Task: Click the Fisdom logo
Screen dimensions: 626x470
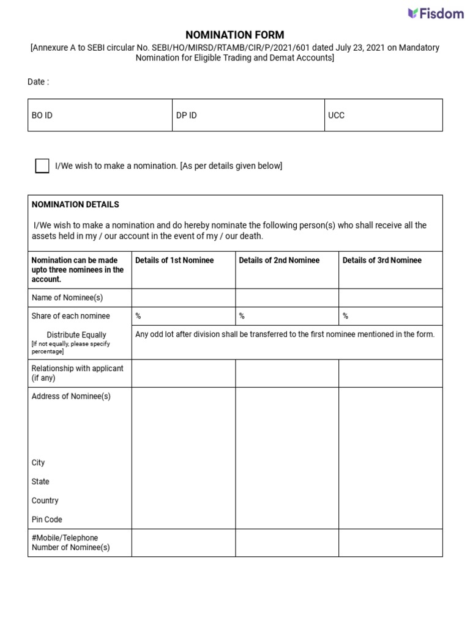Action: pyautogui.click(x=436, y=13)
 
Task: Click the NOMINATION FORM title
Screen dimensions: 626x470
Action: pyautogui.click(x=235, y=35)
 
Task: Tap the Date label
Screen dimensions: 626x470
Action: pyautogui.click(x=38, y=82)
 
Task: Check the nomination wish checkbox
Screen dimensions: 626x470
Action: pyautogui.click(x=42, y=166)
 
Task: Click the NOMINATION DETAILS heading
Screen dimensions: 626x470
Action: pyautogui.click(x=75, y=204)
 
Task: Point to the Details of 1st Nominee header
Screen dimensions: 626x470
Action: pyautogui.click(x=174, y=260)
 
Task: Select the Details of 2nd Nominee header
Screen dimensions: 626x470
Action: pyautogui.click(x=279, y=260)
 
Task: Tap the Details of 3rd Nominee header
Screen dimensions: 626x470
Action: pyautogui.click(x=382, y=260)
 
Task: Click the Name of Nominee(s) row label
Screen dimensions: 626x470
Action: pyautogui.click(x=67, y=298)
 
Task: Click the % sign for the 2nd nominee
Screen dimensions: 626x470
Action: pyautogui.click(x=242, y=316)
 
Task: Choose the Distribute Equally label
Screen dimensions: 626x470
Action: pyautogui.click(x=76, y=335)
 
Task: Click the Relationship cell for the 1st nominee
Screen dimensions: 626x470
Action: pyautogui.click(x=184, y=373)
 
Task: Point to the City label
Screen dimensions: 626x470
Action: pyautogui.click(x=38, y=463)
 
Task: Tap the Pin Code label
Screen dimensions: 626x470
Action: pyautogui.click(x=47, y=520)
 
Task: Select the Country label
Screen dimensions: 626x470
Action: pyautogui.click(x=45, y=501)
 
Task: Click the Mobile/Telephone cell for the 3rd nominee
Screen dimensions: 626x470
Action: pyautogui.click(x=390, y=542)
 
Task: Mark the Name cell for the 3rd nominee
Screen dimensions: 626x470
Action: pyautogui.click(x=390, y=298)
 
